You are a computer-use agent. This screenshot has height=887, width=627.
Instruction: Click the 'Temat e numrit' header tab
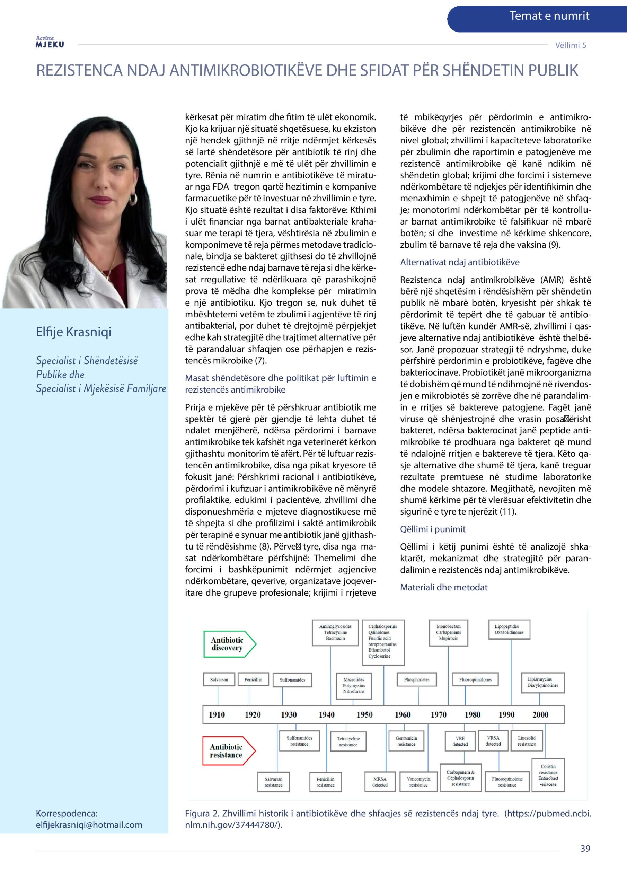(549, 16)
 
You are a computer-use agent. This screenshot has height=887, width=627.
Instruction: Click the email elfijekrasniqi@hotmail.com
(89, 825)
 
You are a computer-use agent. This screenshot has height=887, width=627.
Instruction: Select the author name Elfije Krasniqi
(73, 332)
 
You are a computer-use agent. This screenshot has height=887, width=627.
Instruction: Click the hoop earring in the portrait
(133, 199)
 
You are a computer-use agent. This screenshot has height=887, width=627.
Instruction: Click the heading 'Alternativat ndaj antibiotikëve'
(460, 262)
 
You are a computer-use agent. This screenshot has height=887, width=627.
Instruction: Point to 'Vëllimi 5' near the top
(570, 45)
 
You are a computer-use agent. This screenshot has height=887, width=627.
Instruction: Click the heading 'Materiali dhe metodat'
(443, 587)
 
